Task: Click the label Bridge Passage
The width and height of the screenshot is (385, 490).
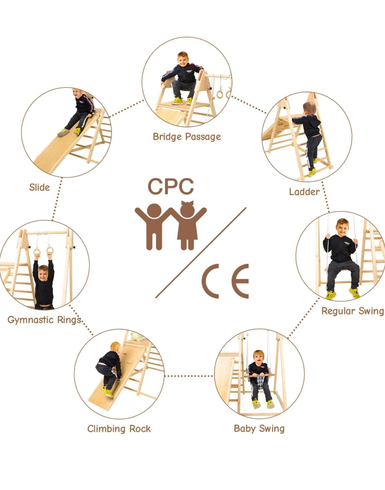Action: [187, 137]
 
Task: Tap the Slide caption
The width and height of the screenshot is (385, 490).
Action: [39, 187]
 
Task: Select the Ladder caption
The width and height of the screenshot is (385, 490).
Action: [304, 192]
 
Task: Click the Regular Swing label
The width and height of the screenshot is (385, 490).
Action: [353, 311]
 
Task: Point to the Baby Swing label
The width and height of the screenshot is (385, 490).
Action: [259, 429]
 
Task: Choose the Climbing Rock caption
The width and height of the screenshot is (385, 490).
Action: [119, 429]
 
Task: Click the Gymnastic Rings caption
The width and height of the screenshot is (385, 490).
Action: [44, 320]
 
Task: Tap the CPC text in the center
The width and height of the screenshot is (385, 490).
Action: [171, 186]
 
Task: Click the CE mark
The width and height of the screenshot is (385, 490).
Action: [225, 281]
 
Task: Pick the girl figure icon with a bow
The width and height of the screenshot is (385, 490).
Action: [188, 225]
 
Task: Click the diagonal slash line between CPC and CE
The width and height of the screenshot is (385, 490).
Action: [201, 253]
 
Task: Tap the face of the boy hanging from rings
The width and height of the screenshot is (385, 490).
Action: [43, 274]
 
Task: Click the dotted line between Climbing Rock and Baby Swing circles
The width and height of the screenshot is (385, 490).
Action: [189, 376]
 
